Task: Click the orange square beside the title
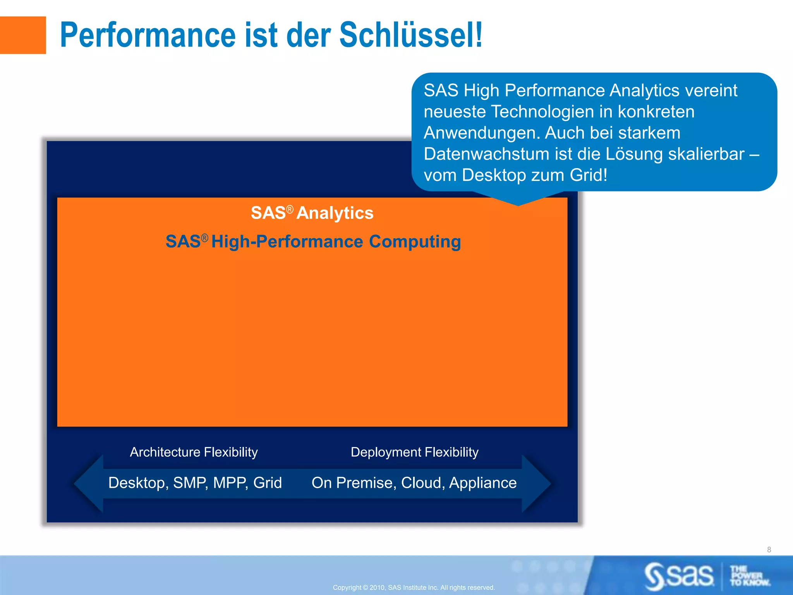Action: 23,35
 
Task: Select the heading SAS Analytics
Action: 312,213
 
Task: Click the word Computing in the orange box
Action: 415,241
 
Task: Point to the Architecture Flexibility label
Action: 194,452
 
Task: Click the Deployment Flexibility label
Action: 414,452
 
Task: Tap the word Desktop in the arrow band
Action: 138,483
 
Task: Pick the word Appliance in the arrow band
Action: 483,483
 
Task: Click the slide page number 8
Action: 769,550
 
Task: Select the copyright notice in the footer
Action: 414,588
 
